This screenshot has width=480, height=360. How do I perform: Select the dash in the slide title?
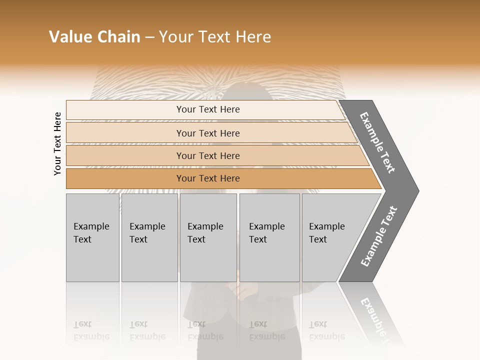(x=149, y=37)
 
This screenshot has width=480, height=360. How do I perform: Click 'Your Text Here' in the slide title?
(x=215, y=37)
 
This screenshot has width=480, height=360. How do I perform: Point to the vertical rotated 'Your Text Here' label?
(x=57, y=143)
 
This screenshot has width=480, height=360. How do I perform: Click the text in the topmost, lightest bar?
(x=208, y=109)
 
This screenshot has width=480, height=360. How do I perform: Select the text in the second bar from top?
(x=208, y=133)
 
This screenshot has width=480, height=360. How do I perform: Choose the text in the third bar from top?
(x=208, y=156)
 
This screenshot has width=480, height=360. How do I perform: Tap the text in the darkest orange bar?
(x=208, y=178)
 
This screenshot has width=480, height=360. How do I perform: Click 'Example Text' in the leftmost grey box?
(x=91, y=233)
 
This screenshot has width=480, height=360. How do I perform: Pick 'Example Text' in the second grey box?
(x=147, y=233)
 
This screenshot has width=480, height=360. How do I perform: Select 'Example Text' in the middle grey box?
(x=205, y=233)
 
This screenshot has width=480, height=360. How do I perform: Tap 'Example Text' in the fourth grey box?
(x=266, y=233)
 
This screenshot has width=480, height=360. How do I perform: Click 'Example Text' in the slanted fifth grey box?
(x=326, y=233)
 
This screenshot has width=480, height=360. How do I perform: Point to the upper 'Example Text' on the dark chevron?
(x=377, y=142)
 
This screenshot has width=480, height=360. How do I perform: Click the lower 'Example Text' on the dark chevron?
(x=378, y=236)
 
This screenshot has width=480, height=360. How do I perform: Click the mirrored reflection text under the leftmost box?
(x=91, y=330)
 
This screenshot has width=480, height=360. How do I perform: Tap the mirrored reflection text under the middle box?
(x=205, y=330)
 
